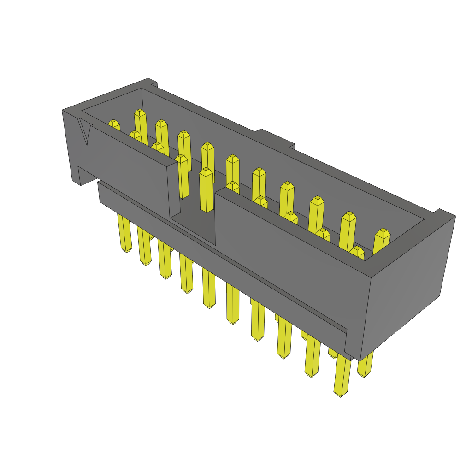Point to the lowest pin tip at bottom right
tap(341, 392)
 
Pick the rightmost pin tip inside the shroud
tap(382, 235)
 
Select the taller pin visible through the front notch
tap(206, 189)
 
